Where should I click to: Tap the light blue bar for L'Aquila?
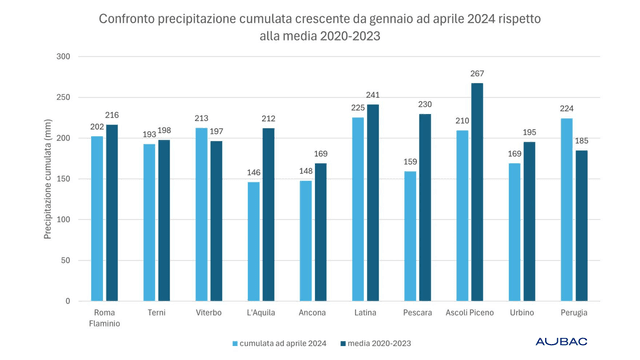253,241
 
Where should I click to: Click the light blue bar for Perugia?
567,209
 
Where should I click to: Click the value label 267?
477,73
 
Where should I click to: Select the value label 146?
253,173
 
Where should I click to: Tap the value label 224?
567,109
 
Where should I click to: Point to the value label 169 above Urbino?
514,154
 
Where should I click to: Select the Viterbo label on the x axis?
208,313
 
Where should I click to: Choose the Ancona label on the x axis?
312,313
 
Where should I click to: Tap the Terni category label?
156,313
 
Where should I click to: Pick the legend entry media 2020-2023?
376,343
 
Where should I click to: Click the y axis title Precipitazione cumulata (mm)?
46,178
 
